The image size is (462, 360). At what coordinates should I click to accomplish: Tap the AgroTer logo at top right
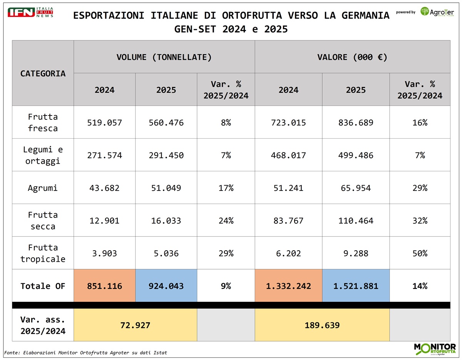click(x=437, y=12)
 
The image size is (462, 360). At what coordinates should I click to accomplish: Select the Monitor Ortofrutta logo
click(x=435, y=349)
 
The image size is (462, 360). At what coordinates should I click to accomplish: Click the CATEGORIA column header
click(x=43, y=73)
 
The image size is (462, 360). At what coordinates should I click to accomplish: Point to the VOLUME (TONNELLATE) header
click(x=164, y=57)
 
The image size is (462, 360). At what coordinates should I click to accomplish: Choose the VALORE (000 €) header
click(x=352, y=57)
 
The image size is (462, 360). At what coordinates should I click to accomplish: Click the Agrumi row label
click(x=43, y=188)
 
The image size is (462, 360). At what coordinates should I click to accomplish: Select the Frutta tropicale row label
click(x=43, y=253)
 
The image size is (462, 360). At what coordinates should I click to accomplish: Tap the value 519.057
click(x=104, y=123)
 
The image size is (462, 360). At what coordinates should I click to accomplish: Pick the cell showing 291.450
click(x=166, y=156)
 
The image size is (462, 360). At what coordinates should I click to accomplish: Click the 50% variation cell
click(x=420, y=253)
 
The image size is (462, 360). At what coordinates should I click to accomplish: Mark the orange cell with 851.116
click(x=104, y=286)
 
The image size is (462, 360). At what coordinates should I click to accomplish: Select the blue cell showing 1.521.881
click(x=356, y=286)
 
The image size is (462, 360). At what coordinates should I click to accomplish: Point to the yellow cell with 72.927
click(x=135, y=325)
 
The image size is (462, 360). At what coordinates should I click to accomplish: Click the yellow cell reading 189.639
click(x=322, y=325)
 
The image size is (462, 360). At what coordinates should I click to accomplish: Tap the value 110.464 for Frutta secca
click(x=356, y=221)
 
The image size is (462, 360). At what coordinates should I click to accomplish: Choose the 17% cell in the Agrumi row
click(x=226, y=188)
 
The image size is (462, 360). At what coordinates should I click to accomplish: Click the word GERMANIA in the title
click(x=364, y=16)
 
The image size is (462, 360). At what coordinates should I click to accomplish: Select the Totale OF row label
click(x=43, y=286)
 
